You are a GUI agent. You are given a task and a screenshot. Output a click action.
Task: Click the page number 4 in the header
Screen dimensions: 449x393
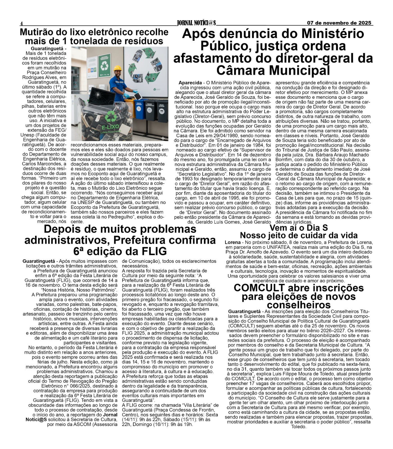[x=21, y=23]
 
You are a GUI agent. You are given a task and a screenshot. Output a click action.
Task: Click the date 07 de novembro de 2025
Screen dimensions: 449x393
[x=339, y=23]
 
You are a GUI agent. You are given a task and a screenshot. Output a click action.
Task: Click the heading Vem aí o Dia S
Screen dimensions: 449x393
[x=298, y=228]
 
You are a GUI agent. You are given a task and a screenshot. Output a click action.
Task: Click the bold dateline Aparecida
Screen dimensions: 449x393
[x=190, y=83]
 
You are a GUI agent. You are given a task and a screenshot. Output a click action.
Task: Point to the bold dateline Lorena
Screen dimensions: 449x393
[x=232, y=242]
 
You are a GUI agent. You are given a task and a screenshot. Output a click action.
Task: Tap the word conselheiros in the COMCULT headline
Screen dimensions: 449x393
[x=299, y=304]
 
